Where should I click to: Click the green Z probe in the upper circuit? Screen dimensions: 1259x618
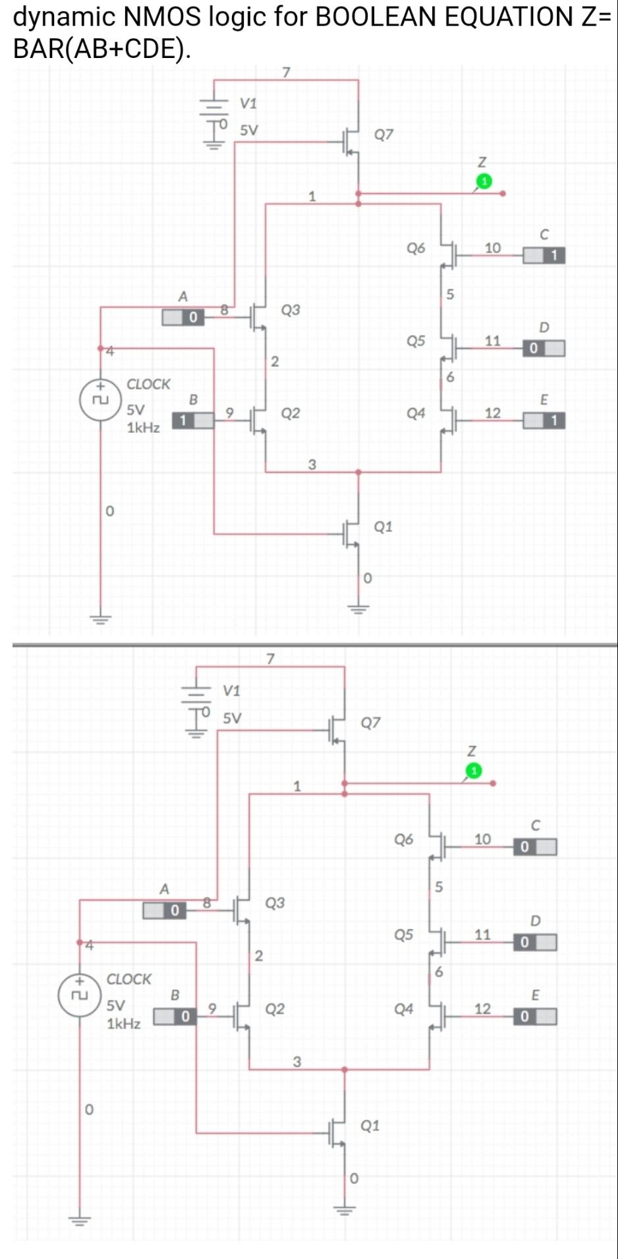click(x=484, y=181)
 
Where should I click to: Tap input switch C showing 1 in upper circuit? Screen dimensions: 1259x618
click(x=544, y=255)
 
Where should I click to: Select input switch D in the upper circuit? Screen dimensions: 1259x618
click(x=544, y=348)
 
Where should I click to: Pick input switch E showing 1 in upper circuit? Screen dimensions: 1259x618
click(x=544, y=420)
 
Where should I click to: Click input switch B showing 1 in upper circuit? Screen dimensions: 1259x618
click(x=193, y=420)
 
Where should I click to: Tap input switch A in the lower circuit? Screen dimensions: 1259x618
click(x=165, y=910)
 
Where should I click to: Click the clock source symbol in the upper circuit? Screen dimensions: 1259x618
click(x=99, y=399)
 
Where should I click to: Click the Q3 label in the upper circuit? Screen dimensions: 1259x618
click(x=291, y=309)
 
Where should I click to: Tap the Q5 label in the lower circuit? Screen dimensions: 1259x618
click(x=403, y=934)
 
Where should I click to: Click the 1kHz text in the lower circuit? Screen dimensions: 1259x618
click(x=123, y=1023)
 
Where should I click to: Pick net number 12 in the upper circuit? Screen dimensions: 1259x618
click(x=493, y=413)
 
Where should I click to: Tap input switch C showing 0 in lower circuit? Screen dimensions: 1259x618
click(x=534, y=846)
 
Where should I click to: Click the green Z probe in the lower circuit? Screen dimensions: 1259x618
click(x=474, y=771)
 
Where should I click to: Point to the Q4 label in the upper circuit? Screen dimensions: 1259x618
click(x=416, y=413)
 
